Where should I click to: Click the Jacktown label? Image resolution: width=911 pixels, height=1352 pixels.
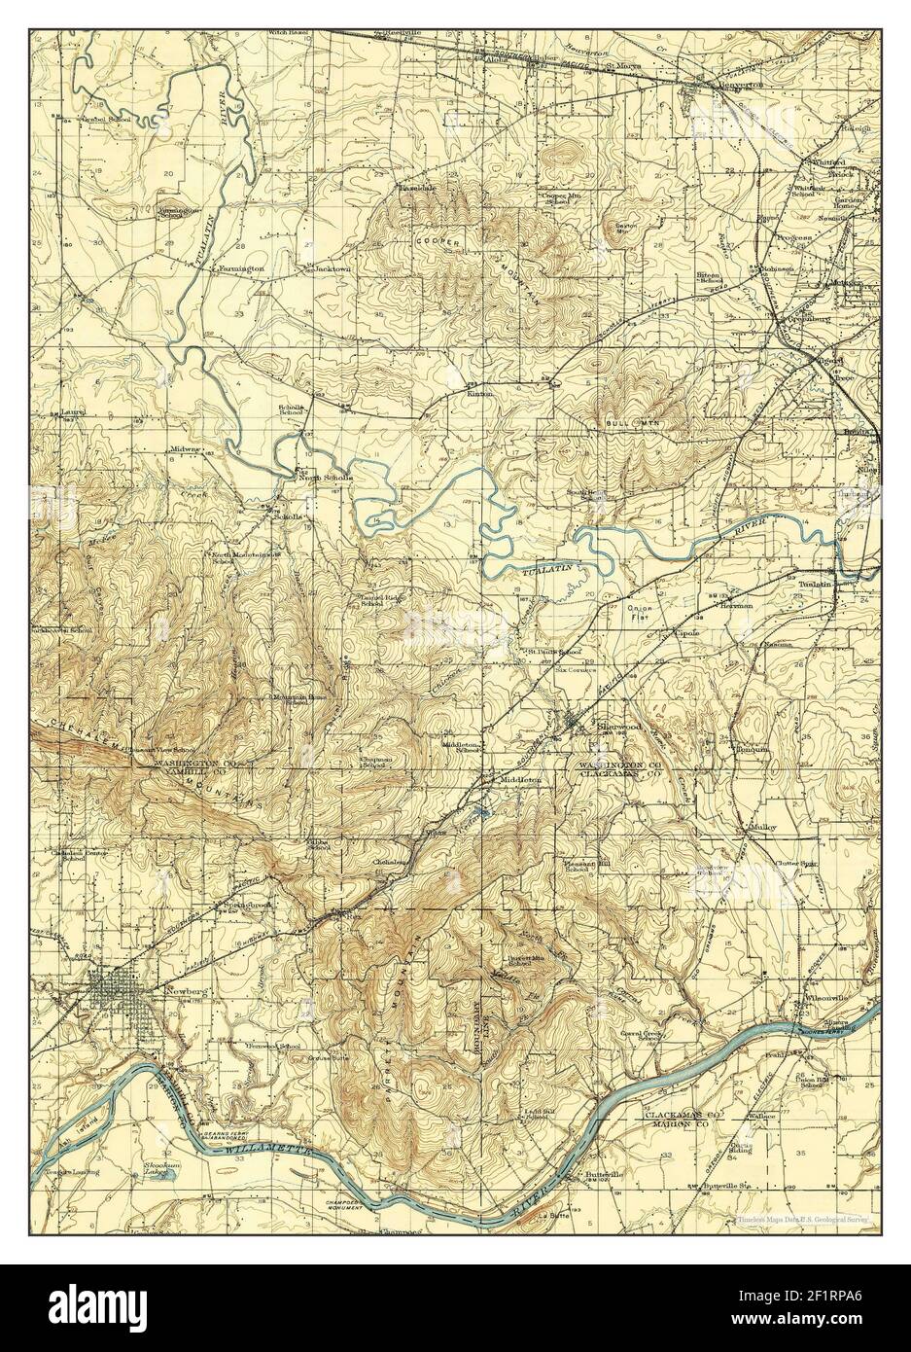pyautogui.click(x=331, y=267)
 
